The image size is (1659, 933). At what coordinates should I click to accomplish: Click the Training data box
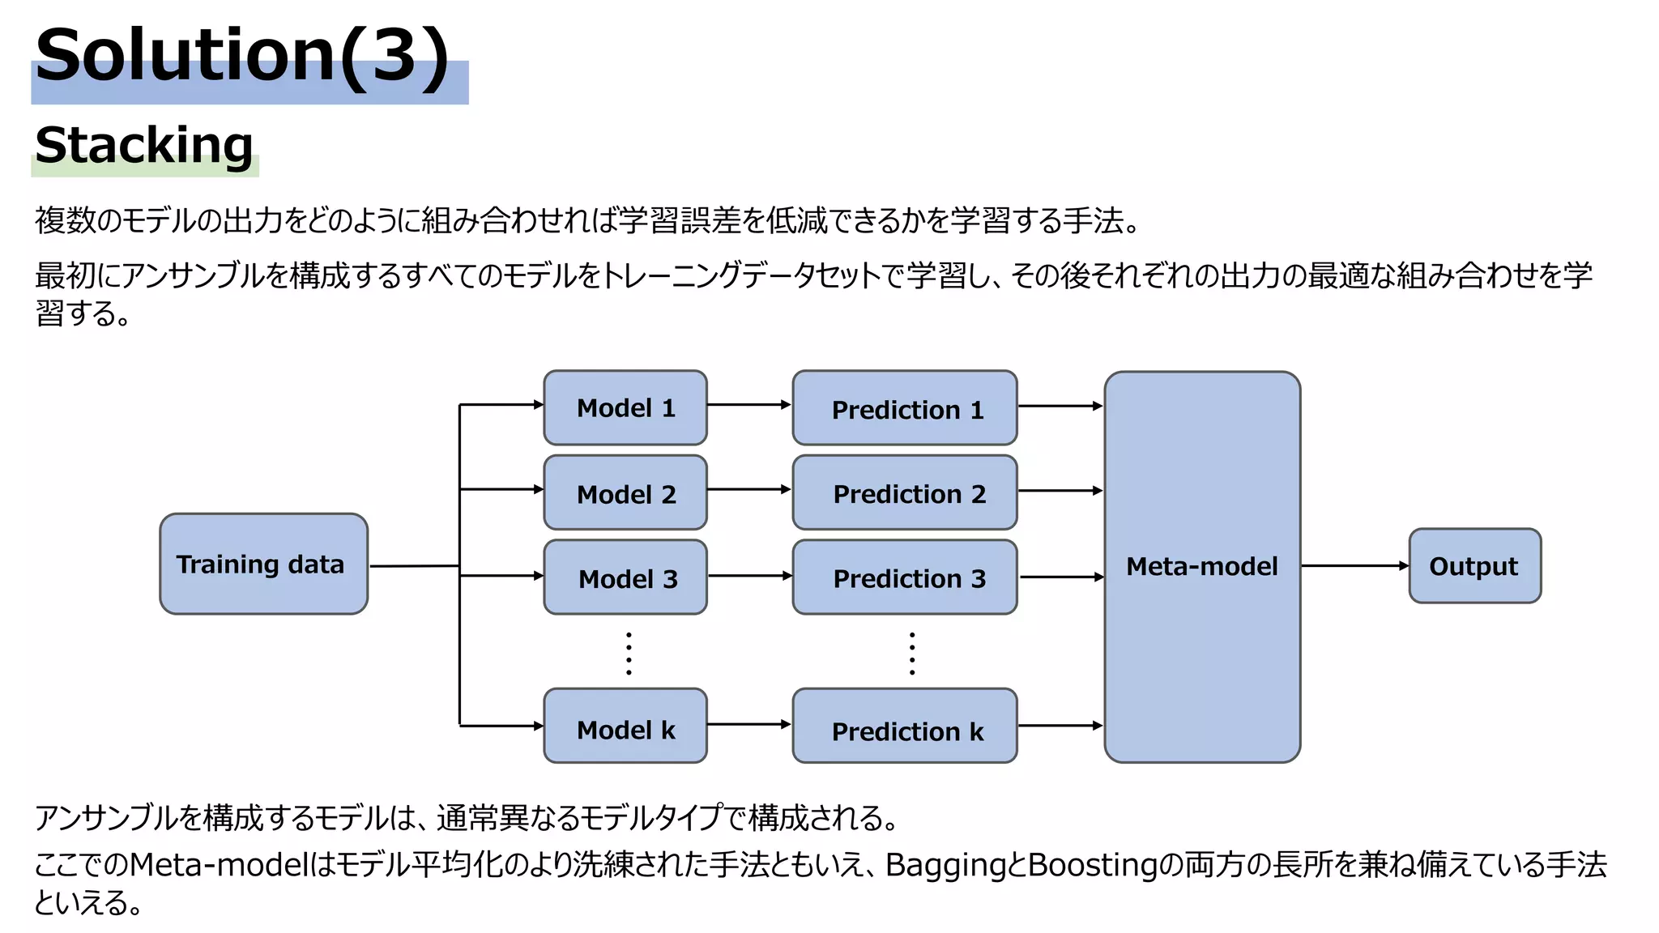coord(263,564)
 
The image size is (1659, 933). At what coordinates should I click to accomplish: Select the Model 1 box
coord(625,407)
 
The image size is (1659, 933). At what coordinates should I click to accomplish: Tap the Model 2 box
coord(625,492)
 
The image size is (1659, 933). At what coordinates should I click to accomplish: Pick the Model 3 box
coord(625,577)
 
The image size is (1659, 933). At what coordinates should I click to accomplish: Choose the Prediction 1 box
coord(904,408)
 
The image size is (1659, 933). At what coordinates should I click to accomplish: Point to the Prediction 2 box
coord(904,492)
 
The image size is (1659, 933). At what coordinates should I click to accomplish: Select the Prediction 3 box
coord(904,577)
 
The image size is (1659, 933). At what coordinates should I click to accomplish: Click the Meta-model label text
coord(1201,566)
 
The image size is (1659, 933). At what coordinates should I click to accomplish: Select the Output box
coord(1474,566)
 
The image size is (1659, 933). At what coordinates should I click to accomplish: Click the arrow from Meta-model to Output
coord(1354,565)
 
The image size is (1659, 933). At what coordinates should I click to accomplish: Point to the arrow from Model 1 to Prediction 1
coord(748,404)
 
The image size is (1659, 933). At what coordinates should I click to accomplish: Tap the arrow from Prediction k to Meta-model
coord(1060,726)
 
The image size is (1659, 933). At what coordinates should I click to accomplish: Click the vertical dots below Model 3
coord(629,654)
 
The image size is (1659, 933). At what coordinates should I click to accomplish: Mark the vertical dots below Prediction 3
coord(912,654)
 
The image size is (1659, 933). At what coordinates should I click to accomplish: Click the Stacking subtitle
coord(144,146)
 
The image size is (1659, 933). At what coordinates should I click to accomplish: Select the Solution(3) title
coord(241,55)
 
